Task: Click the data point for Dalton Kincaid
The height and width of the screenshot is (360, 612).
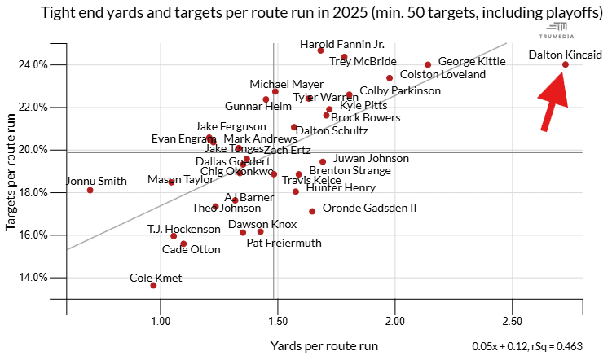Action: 565,64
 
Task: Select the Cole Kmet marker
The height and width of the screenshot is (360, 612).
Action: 153,286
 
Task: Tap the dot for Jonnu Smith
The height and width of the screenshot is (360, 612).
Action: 90,190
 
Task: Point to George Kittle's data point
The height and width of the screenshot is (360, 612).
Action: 428,64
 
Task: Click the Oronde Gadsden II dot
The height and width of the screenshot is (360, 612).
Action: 312,211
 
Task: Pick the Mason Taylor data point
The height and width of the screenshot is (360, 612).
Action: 171,182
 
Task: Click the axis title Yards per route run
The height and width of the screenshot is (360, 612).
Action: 324,345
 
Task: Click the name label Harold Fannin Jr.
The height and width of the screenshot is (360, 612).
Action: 342,45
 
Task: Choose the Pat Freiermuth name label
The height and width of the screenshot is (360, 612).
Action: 284,243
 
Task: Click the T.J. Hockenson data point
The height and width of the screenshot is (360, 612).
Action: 174,236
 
